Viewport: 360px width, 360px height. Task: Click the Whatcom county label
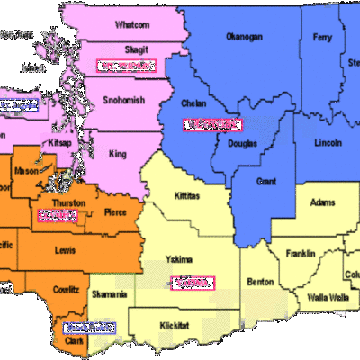(133, 25)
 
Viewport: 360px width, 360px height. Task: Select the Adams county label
(322, 202)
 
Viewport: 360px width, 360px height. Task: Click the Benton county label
(260, 282)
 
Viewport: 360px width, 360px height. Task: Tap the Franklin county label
(301, 254)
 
